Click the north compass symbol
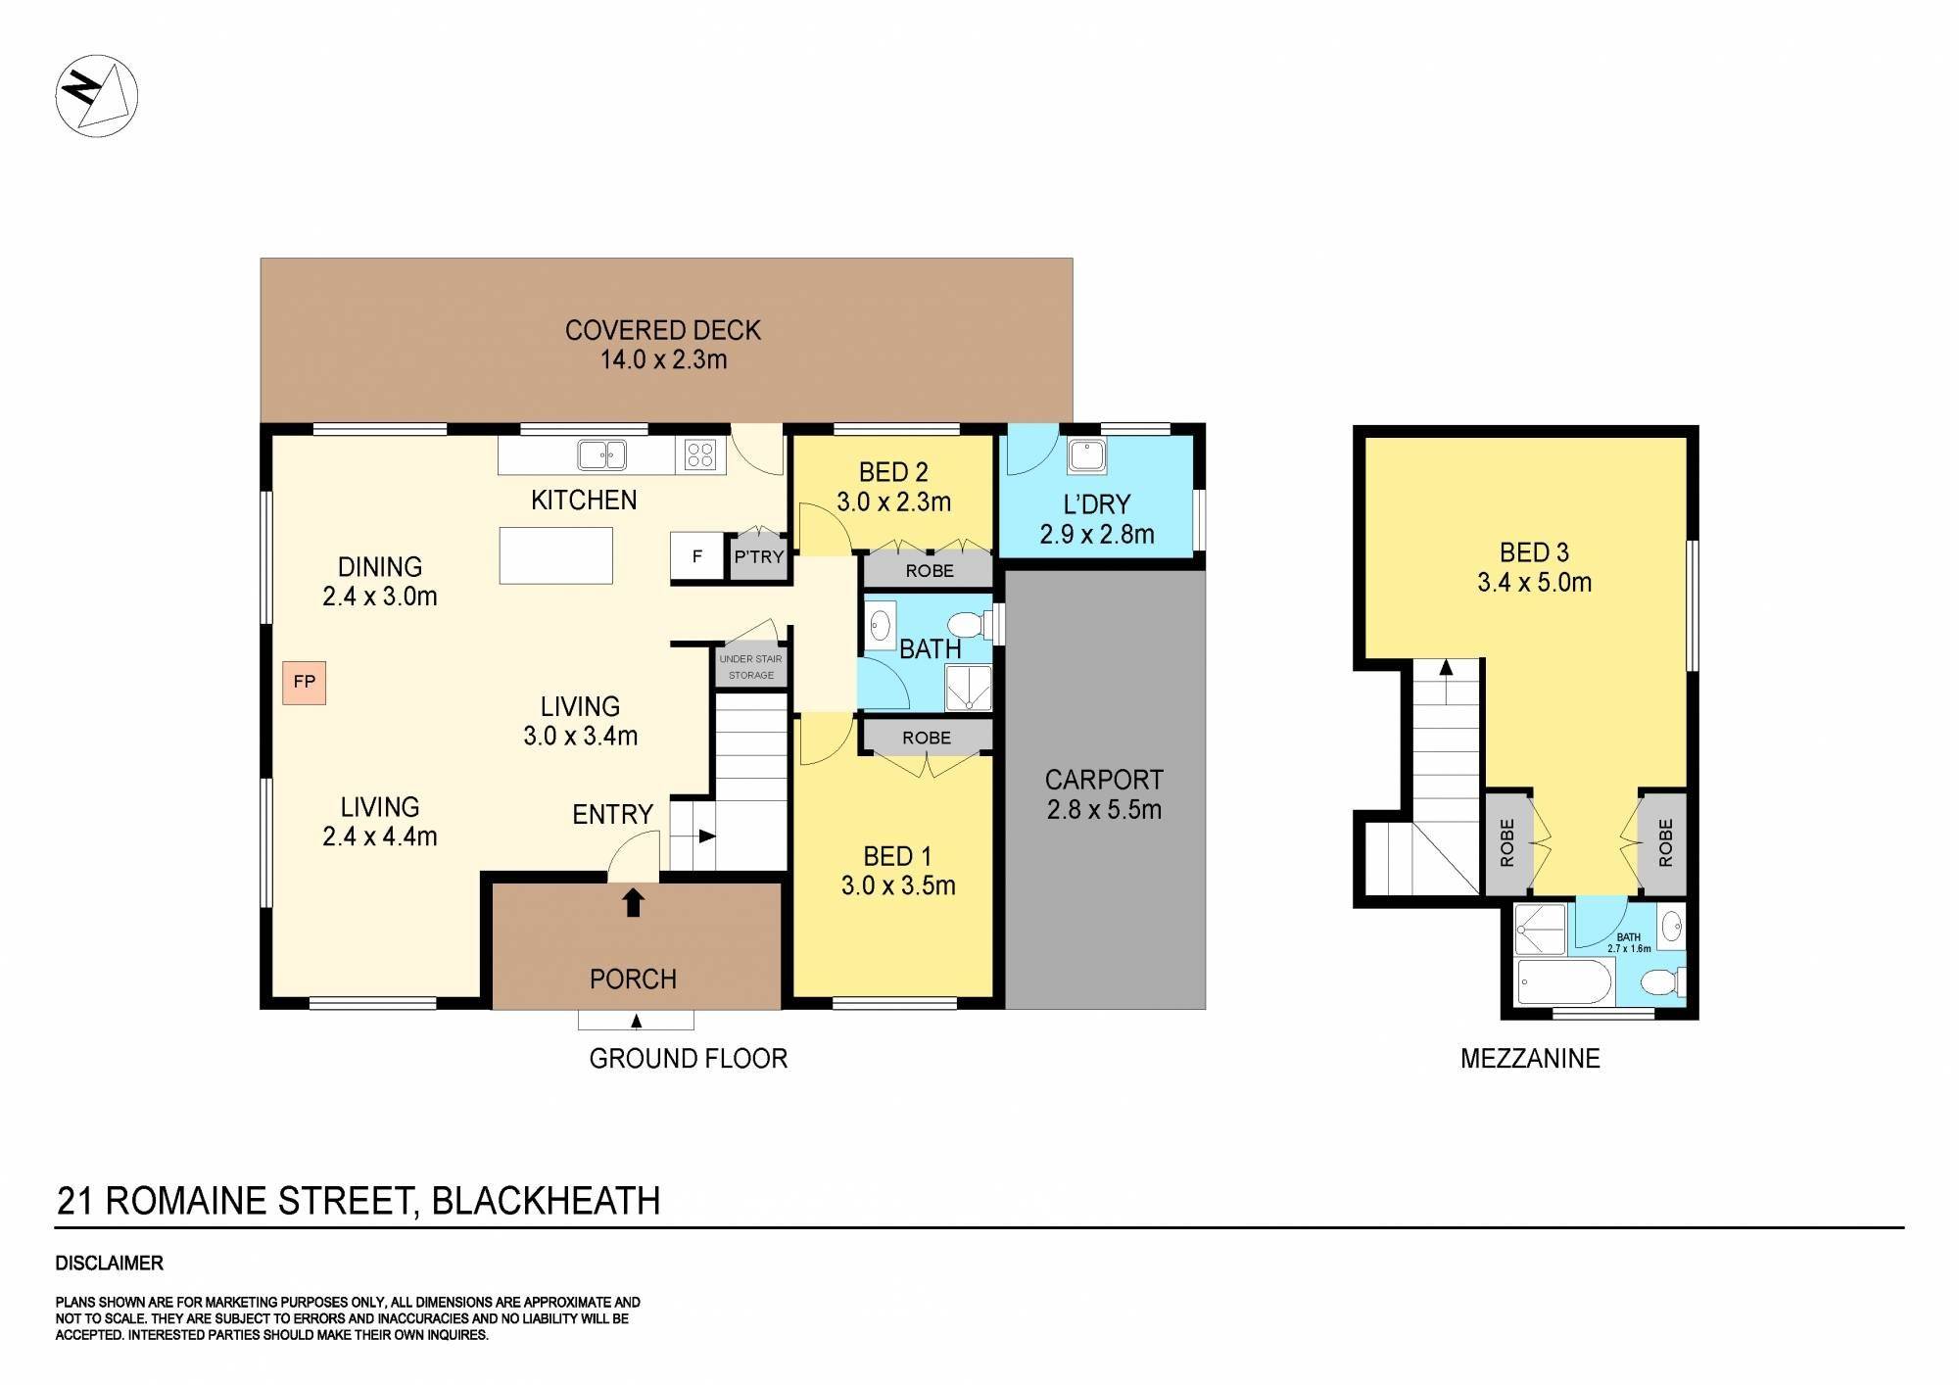click(x=96, y=95)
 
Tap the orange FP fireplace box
click(x=304, y=682)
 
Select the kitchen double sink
click(x=601, y=454)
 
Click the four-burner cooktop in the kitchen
click(x=700, y=454)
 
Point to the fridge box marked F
click(x=696, y=556)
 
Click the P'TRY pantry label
click(x=759, y=557)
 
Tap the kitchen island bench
click(x=555, y=555)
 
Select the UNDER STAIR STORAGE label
click(x=750, y=667)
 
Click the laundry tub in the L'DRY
click(x=1086, y=455)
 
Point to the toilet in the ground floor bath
click(x=968, y=624)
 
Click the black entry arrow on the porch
click(x=633, y=901)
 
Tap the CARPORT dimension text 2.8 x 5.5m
click(x=1104, y=810)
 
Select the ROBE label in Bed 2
click(x=929, y=570)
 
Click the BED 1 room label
click(x=889, y=857)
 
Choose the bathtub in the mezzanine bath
click(x=1563, y=981)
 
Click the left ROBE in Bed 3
click(x=1506, y=842)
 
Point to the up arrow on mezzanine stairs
click(x=1445, y=669)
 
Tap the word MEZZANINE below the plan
click(x=1529, y=1059)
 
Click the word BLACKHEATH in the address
click(x=546, y=1201)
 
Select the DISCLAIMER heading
click(x=109, y=1264)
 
